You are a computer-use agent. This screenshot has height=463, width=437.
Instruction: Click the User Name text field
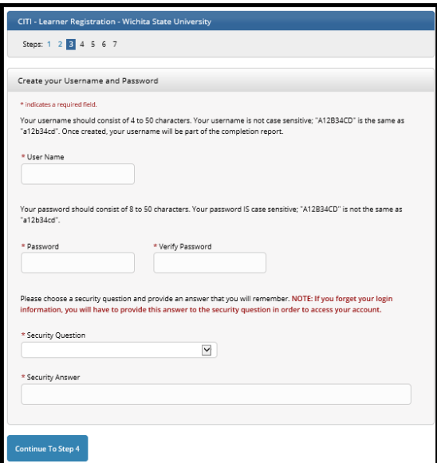pyautogui.click(x=78, y=175)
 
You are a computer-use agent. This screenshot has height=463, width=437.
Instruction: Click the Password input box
pyautogui.click(x=78, y=264)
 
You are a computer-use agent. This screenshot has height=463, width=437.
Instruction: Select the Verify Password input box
pyautogui.click(x=210, y=264)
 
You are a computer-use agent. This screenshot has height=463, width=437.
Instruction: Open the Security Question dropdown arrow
pyautogui.click(x=207, y=350)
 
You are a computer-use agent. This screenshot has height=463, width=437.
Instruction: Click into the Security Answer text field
pyautogui.click(x=216, y=394)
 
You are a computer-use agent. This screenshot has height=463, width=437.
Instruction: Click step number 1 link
pyautogui.click(x=48, y=44)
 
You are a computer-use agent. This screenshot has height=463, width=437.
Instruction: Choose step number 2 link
pyautogui.click(x=60, y=44)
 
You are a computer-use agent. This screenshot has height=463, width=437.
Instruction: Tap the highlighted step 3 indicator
pyautogui.click(x=71, y=44)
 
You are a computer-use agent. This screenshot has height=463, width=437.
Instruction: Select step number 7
pyautogui.click(x=115, y=44)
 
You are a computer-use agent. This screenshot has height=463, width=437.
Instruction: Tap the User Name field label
pyautogui.click(x=45, y=157)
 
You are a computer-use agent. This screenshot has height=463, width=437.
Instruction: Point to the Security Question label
pyautogui.click(x=55, y=335)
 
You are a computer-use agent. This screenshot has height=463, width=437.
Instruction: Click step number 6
pyautogui.click(x=104, y=44)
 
